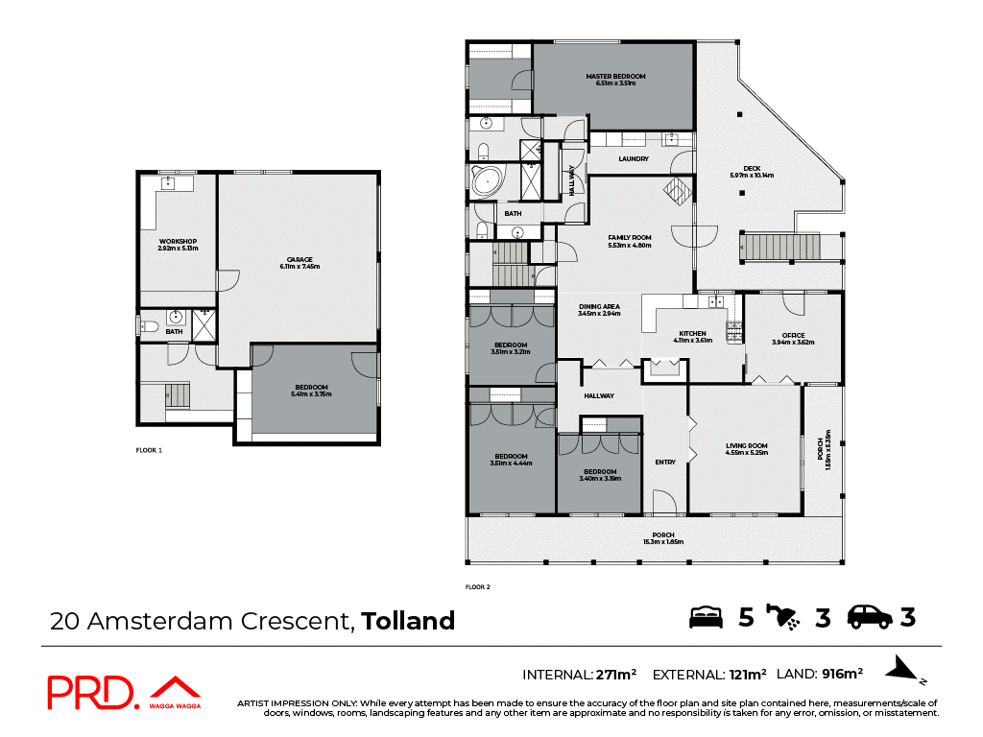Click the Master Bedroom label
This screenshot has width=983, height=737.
coord(615,80)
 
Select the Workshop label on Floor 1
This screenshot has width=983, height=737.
coord(178,244)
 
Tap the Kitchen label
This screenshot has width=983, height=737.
coord(692,337)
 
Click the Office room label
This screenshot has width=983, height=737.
coord(793,339)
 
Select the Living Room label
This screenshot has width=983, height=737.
coord(746,448)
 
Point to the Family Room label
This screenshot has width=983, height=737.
coord(630,241)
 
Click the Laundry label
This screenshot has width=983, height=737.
coord(634,159)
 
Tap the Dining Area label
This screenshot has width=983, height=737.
coord(599,309)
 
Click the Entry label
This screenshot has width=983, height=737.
coord(665,463)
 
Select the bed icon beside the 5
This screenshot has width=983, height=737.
coord(707,617)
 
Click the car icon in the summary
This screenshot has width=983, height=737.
coord(870,617)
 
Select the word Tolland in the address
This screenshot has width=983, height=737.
coord(407,621)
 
